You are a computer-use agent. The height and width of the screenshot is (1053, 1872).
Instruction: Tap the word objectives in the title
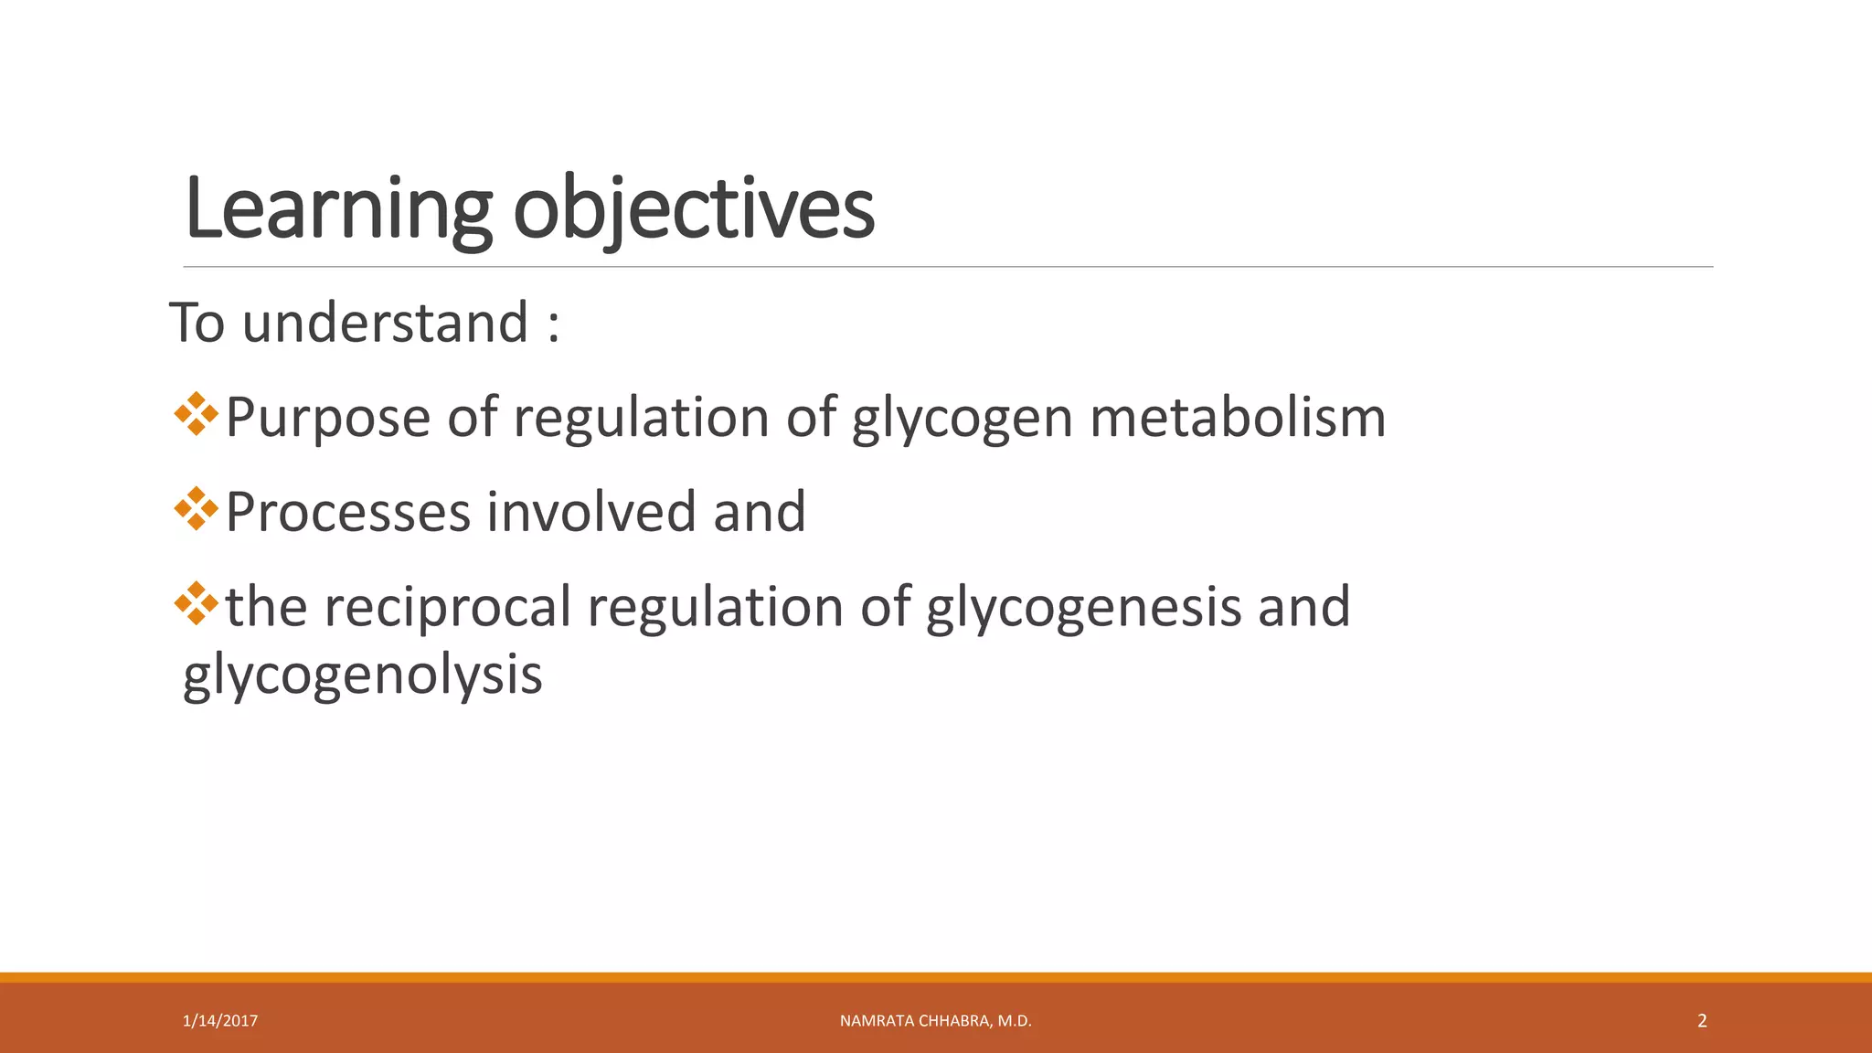pos(694,210)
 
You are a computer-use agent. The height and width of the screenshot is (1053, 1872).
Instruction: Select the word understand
pos(385,324)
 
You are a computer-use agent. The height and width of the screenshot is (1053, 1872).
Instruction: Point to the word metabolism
pos(1238,418)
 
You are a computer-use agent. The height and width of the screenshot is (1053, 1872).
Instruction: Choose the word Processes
pos(347,512)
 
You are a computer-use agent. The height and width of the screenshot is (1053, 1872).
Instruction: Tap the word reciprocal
pos(448,607)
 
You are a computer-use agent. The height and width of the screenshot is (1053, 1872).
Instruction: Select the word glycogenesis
pos(1083,607)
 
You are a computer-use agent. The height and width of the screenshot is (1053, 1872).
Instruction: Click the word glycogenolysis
pos(363,676)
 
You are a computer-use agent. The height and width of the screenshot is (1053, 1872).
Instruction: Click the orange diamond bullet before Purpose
pos(196,414)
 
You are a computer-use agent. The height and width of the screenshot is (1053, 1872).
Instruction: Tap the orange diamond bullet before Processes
pos(196,508)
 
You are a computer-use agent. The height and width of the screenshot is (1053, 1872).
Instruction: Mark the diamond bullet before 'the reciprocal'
pos(196,603)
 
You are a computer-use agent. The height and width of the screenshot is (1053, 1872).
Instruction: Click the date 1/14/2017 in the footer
pos(220,1021)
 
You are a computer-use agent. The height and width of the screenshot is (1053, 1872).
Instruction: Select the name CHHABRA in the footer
pos(954,1021)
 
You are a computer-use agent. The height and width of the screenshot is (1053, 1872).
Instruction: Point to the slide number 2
pos(1702,1021)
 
